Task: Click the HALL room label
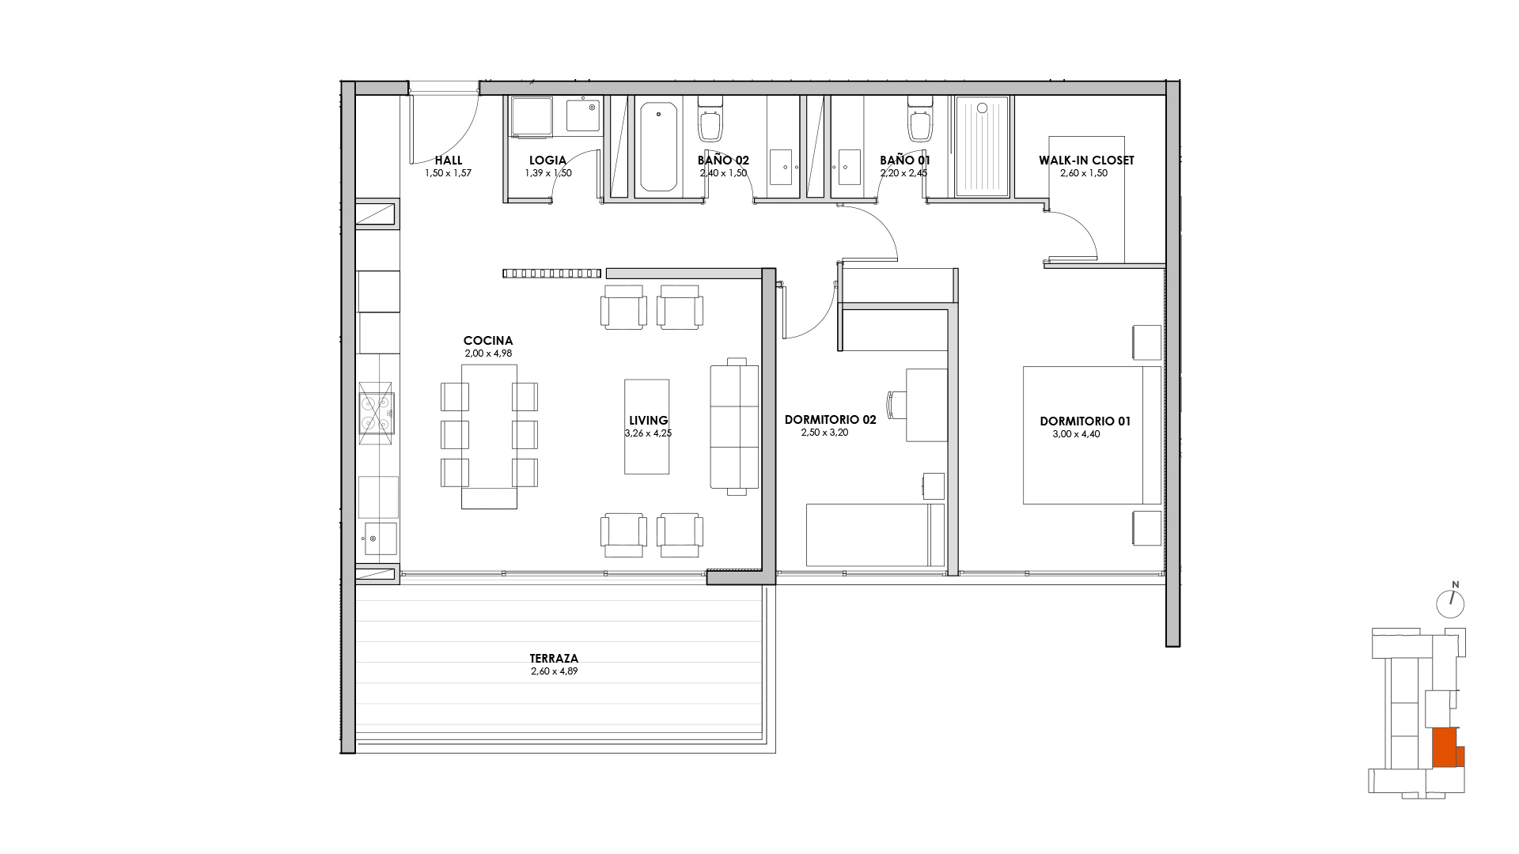(x=449, y=161)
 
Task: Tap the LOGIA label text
(x=547, y=161)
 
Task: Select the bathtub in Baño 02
(x=658, y=146)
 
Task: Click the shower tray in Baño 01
(x=982, y=146)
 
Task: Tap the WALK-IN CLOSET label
(x=1086, y=161)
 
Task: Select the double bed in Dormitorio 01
(x=1092, y=435)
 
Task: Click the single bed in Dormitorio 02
(x=875, y=535)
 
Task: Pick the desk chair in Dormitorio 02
(x=896, y=406)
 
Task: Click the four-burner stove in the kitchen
(x=377, y=413)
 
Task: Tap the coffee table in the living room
(x=646, y=427)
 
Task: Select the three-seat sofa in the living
(x=734, y=427)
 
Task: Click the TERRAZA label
(x=554, y=658)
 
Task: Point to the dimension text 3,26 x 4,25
(x=648, y=433)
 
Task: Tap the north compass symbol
(x=1450, y=603)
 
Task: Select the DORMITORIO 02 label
(x=830, y=421)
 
